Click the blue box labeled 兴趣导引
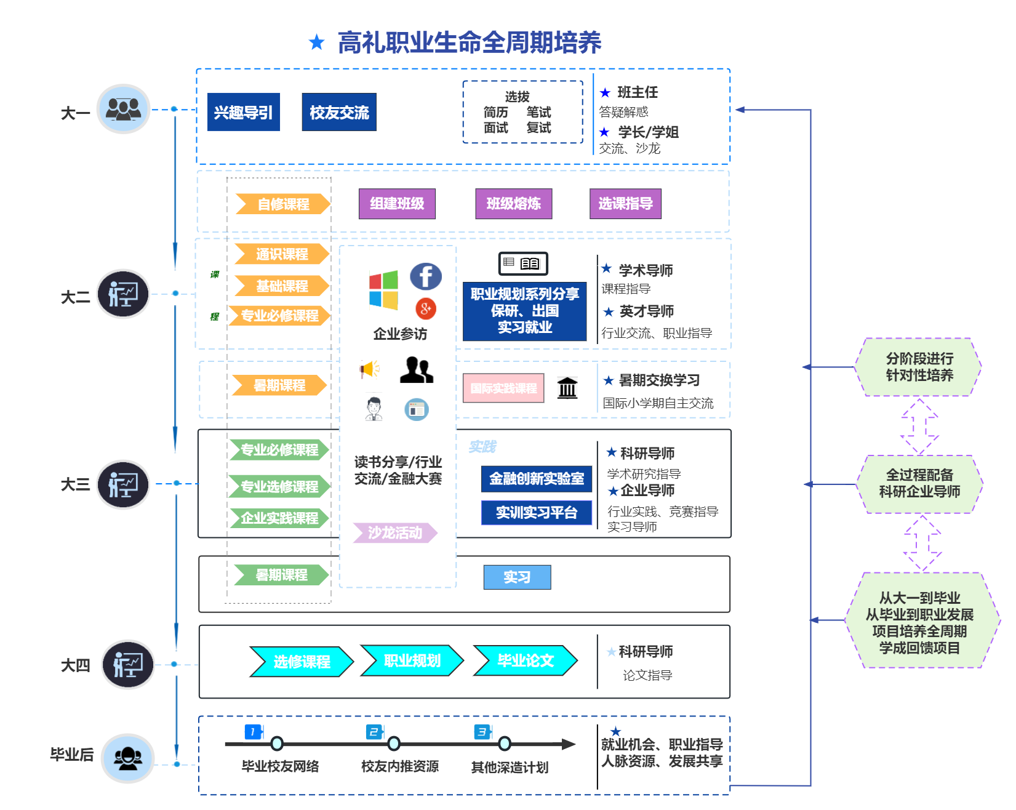[x=244, y=112]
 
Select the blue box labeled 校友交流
[x=339, y=112]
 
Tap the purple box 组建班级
[x=397, y=204]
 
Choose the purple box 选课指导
[x=625, y=204]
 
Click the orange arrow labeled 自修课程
[x=283, y=204]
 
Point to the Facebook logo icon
[x=426, y=276]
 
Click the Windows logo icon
[x=383, y=289]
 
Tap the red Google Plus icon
[x=426, y=308]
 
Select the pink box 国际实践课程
[x=503, y=388]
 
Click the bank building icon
[x=567, y=388]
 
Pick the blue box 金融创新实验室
[x=537, y=479]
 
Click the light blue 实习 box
[x=517, y=577]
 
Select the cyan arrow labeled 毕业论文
[x=525, y=661]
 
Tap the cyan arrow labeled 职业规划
[x=412, y=661]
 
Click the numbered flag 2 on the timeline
[x=375, y=732]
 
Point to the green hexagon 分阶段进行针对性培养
[x=919, y=367]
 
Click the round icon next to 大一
[x=124, y=109]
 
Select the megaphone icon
[x=370, y=369]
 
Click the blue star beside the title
[x=317, y=42]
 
